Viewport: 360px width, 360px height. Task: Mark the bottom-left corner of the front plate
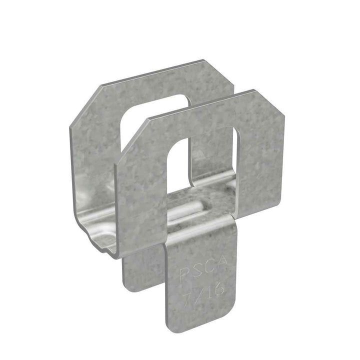(120, 252)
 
